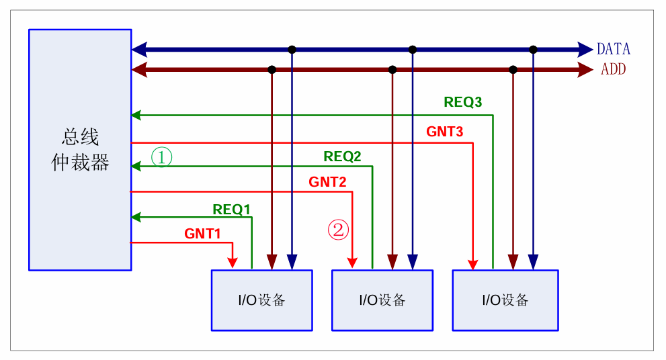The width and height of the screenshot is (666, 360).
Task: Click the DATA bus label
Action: click(613, 49)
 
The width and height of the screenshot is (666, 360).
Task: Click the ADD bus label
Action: click(613, 69)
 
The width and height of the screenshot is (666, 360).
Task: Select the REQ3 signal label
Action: click(462, 102)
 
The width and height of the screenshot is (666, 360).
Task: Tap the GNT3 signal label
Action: click(444, 132)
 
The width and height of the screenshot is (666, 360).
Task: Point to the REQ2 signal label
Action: click(342, 156)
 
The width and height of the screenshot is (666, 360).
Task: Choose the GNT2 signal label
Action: click(327, 181)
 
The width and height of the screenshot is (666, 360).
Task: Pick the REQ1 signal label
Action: click(231, 209)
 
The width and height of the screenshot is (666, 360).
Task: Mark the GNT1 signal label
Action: click(202, 234)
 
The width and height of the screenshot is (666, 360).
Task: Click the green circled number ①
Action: click(161, 157)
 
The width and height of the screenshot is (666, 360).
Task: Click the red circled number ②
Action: click(338, 230)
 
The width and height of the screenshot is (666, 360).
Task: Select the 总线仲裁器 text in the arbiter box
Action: click(80, 150)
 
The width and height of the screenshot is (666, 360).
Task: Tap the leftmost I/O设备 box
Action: click(261, 300)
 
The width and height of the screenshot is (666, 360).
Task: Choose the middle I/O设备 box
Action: click(382, 300)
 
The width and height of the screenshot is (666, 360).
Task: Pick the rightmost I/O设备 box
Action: click(505, 300)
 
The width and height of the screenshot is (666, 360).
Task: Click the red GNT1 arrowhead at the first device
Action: click(232, 263)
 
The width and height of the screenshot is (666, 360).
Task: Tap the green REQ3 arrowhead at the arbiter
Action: click(136, 115)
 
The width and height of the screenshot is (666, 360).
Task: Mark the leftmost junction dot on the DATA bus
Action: click(292, 49)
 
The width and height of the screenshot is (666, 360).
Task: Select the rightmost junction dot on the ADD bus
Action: click(513, 69)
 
